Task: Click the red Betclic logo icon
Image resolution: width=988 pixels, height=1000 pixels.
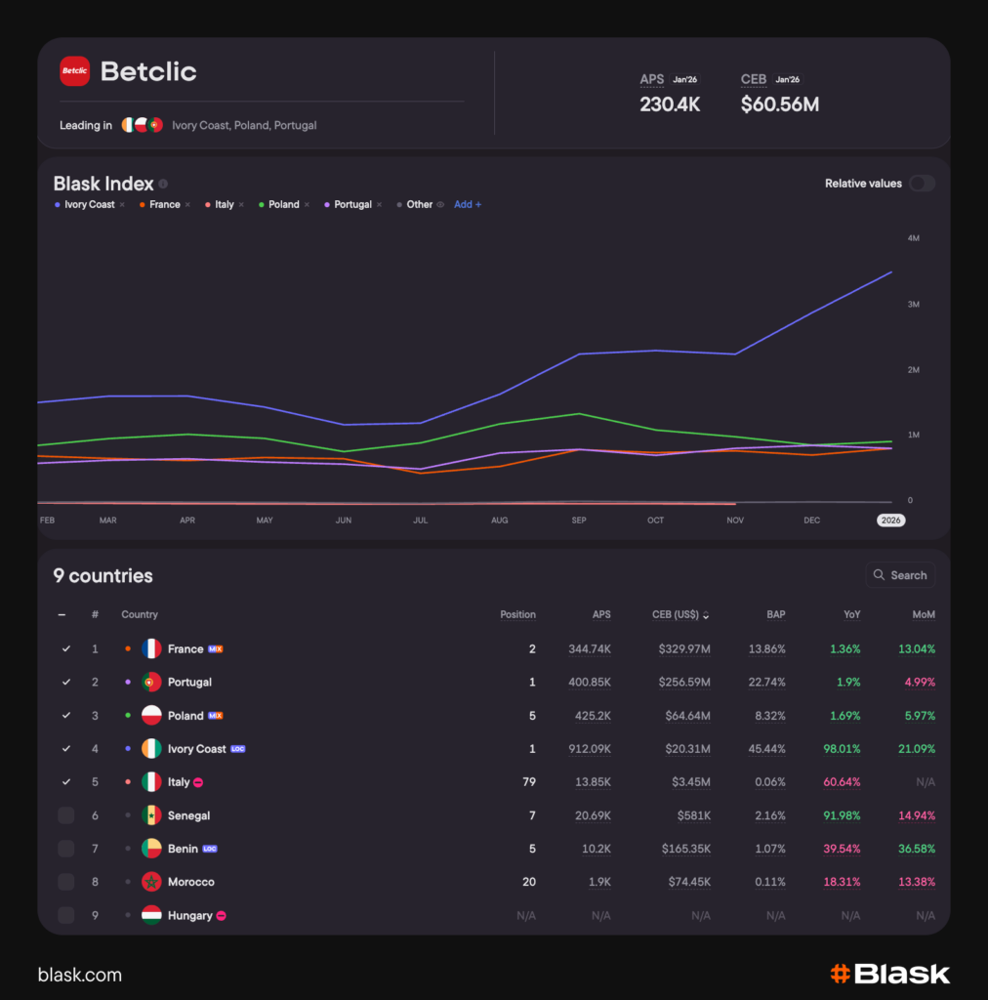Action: pos(74,71)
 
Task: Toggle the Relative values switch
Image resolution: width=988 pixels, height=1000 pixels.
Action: pos(922,184)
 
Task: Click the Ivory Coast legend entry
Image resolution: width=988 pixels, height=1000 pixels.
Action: pos(89,205)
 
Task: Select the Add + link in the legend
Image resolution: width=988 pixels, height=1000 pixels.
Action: pos(468,205)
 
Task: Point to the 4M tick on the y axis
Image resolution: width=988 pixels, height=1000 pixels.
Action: pos(913,238)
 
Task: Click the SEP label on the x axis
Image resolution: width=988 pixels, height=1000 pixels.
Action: pos(579,521)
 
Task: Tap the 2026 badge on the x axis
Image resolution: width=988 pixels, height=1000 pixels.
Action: pos(890,521)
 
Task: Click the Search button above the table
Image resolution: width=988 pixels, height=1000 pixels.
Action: pos(900,575)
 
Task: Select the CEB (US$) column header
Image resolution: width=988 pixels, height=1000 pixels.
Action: pos(680,615)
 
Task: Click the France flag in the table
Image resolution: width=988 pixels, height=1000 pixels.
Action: pos(151,649)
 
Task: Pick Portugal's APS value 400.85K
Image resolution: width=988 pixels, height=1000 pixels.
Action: pos(590,683)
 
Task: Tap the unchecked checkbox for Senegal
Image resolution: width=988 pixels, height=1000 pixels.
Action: pos(65,815)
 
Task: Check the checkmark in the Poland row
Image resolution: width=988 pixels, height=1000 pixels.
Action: pos(65,716)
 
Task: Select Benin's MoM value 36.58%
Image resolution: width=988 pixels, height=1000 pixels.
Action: pos(916,849)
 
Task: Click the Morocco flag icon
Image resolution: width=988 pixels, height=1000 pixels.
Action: pos(151,882)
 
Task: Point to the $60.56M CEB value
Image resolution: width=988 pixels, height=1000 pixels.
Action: pos(779,104)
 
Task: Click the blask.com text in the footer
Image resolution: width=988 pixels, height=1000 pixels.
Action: pos(80,975)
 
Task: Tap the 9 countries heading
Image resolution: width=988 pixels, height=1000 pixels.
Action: pos(103,576)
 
